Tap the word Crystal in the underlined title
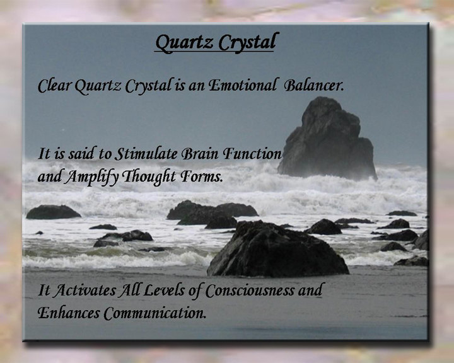click(248, 42)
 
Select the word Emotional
click(242, 86)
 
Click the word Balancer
click(314, 86)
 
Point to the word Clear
click(55, 86)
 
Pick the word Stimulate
click(146, 154)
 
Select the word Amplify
click(91, 177)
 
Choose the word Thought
click(149, 177)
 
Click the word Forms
click(202, 176)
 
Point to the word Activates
click(85, 291)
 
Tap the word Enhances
click(69, 313)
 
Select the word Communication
click(155, 313)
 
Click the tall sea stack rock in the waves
click(327, 139)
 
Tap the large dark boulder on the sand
click(277, 250)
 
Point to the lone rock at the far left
click(53, 212)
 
